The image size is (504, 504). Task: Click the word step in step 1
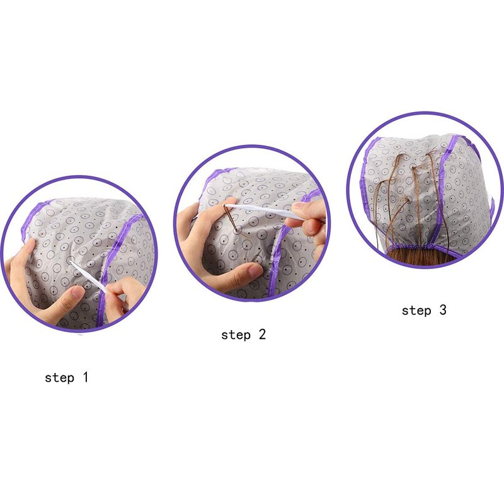click(x=59, y=377)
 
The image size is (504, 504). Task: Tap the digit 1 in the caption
click(x=85, y=377)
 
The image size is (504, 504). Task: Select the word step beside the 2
click(x=236, y=335)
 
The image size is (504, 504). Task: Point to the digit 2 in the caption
click(x=262, y=335)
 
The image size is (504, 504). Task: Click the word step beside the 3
click(x=416, y=311)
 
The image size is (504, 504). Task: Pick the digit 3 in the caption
click(x=443, y=309)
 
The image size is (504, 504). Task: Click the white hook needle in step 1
click(x=88, y=276)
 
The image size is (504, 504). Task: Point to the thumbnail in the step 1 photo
click(x=77, y=292)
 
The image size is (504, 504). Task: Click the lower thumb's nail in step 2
click(x=256, y=271)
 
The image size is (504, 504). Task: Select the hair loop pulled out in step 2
click(x=232, y=219)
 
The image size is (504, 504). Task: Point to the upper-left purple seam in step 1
click(x=35, y=215)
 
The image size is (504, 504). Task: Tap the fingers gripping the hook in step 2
click(x=307, y=219)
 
